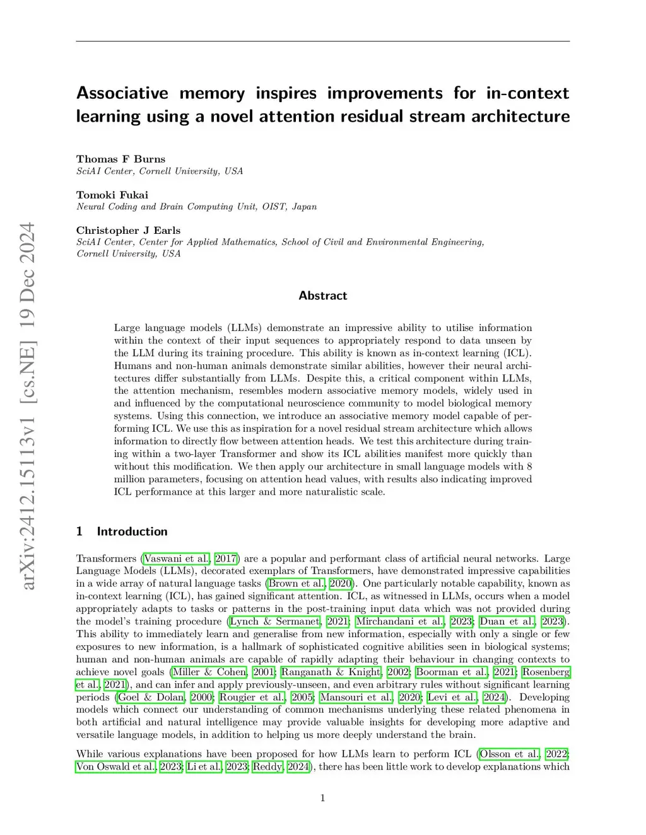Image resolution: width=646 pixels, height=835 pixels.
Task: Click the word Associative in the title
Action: click(122, 93)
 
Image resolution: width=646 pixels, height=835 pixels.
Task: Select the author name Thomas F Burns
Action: click(120, 159)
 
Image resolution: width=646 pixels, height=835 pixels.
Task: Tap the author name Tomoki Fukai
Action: click(112, 195)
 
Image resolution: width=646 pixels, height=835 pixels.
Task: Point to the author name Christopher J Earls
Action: click(128, 230)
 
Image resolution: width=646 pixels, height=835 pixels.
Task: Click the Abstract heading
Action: click(323, 296)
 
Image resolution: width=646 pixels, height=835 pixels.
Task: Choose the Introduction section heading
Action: click(132, 531)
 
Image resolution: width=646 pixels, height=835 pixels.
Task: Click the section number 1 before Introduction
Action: click(79, 531)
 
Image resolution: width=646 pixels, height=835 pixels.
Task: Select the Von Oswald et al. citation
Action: click(116, 766)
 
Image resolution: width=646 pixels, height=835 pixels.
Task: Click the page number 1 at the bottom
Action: click(323, 798)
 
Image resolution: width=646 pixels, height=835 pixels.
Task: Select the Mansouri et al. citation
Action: click(357, 697)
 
